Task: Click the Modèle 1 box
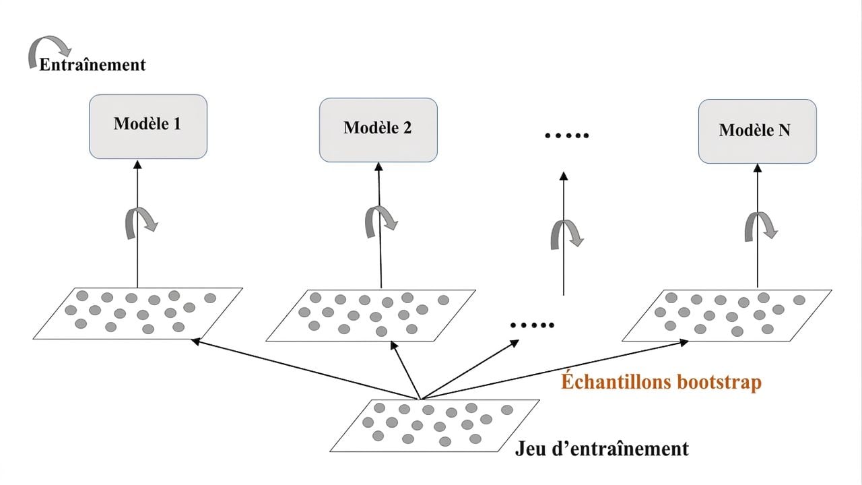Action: tap(148, 127)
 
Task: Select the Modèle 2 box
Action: tap(378, 130)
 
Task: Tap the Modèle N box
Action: tap(758, 131)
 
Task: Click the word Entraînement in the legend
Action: tap(92, 65)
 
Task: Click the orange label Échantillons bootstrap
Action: tap(661, 382)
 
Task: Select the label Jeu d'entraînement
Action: tap(602, 449)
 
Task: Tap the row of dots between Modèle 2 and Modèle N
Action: tap(567, 135)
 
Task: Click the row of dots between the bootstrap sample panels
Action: tap(532, 325)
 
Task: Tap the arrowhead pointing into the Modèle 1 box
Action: tap(137, 165)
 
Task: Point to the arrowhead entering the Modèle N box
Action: tap(758, 168)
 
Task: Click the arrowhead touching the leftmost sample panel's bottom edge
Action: tap(195, 341)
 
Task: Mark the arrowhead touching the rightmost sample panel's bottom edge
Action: tap(684, 342)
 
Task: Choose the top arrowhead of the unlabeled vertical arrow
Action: tap(564, 176)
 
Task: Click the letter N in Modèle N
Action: tap(785, 130)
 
